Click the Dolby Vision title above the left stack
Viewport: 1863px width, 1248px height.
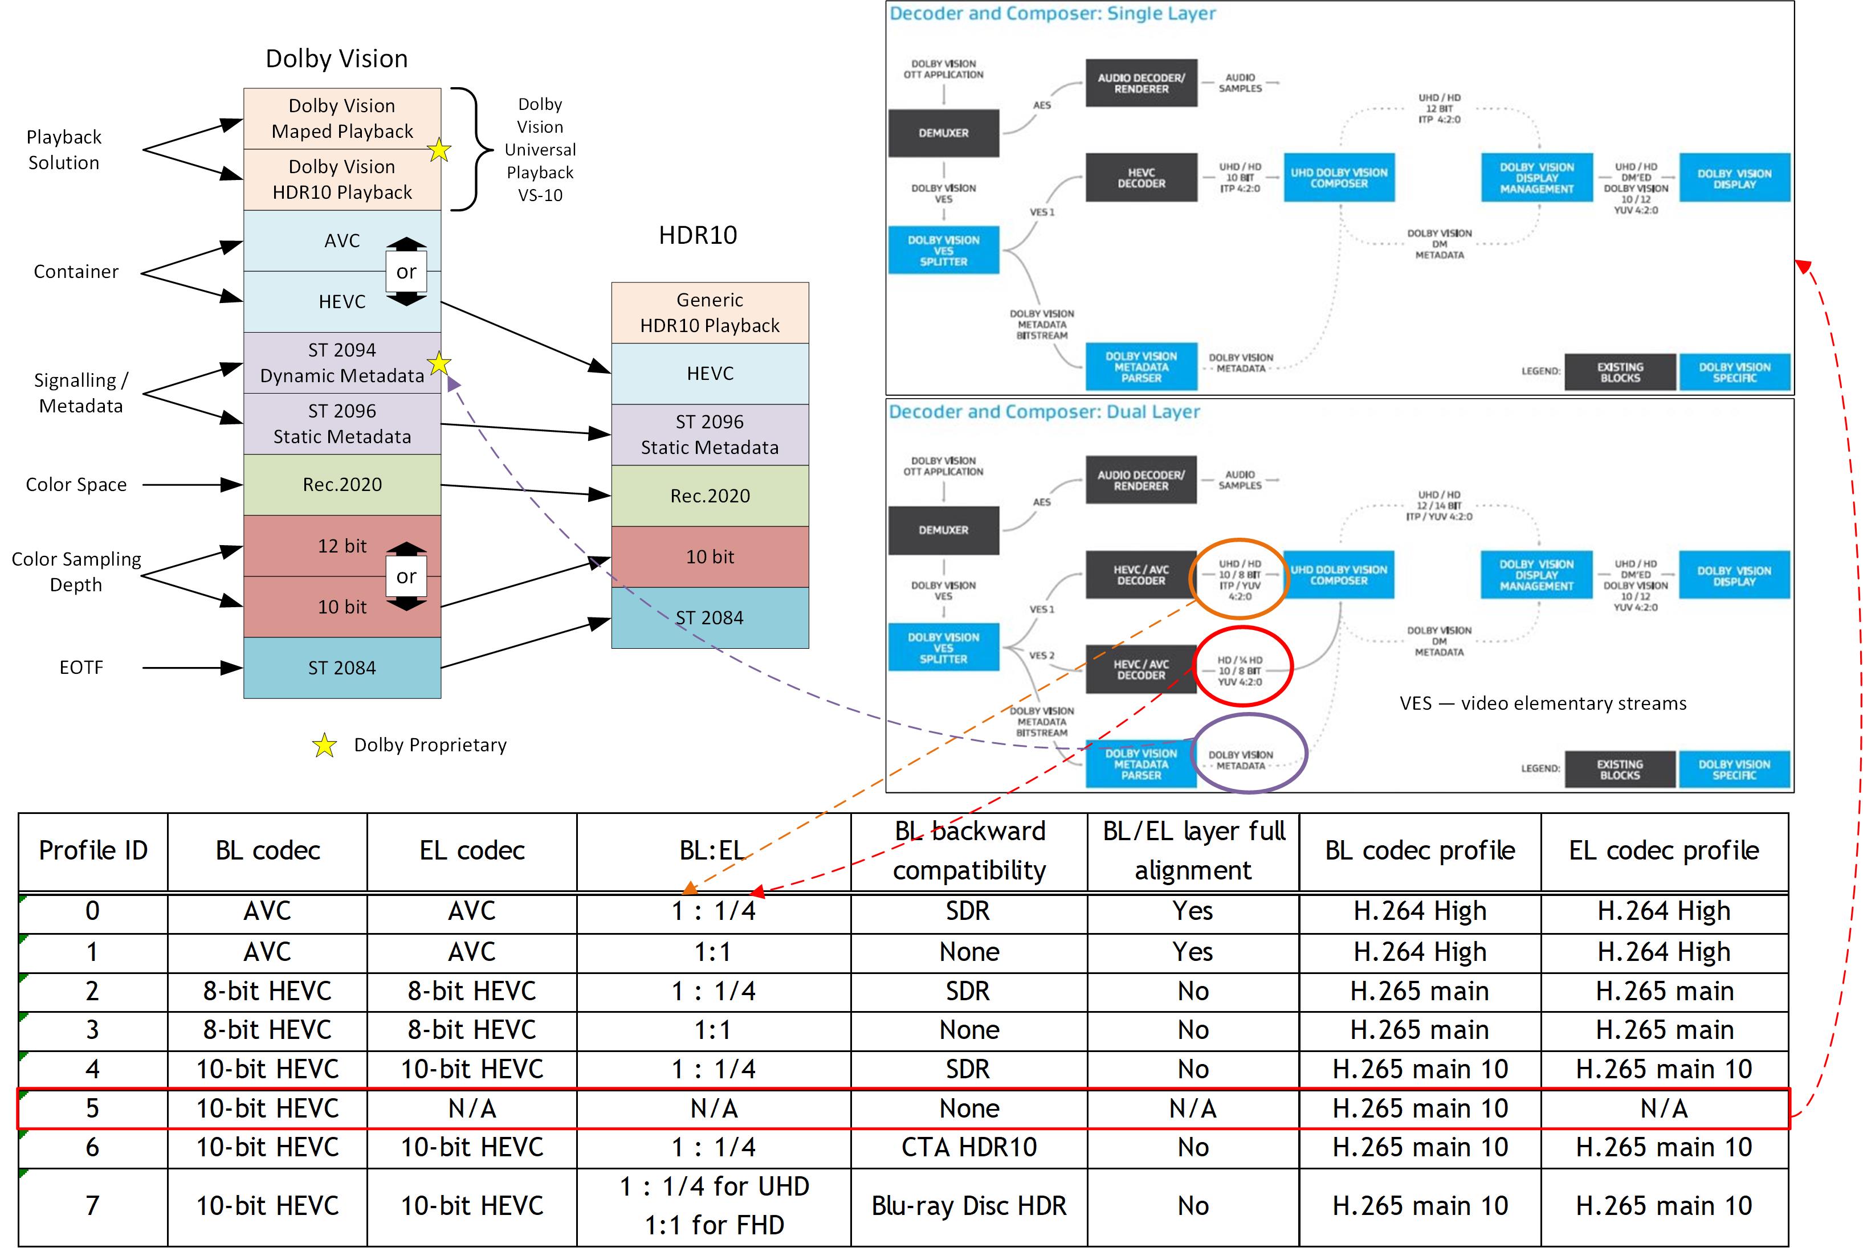pos(336,59)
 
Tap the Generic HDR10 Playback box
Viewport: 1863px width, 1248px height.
pos(710,313)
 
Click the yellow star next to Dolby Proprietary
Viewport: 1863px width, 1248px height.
pos(324,746)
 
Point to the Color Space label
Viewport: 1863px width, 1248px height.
pos(76,485)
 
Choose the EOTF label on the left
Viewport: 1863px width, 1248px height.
pos(80,668)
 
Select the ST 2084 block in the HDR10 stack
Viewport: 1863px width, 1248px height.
pos(710,617)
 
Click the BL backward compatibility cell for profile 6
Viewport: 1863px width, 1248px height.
pos(968,1147)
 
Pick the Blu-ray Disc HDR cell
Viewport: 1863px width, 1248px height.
pos(968,1206)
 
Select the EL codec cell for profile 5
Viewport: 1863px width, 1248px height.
pos(471,1108)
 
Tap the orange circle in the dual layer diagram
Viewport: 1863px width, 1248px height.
pos(1238,579)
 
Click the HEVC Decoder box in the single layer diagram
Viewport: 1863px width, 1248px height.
pos(1141,178)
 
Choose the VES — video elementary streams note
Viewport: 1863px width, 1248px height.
pos(1542,703)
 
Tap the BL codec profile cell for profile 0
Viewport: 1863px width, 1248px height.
pos(1420,911)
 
